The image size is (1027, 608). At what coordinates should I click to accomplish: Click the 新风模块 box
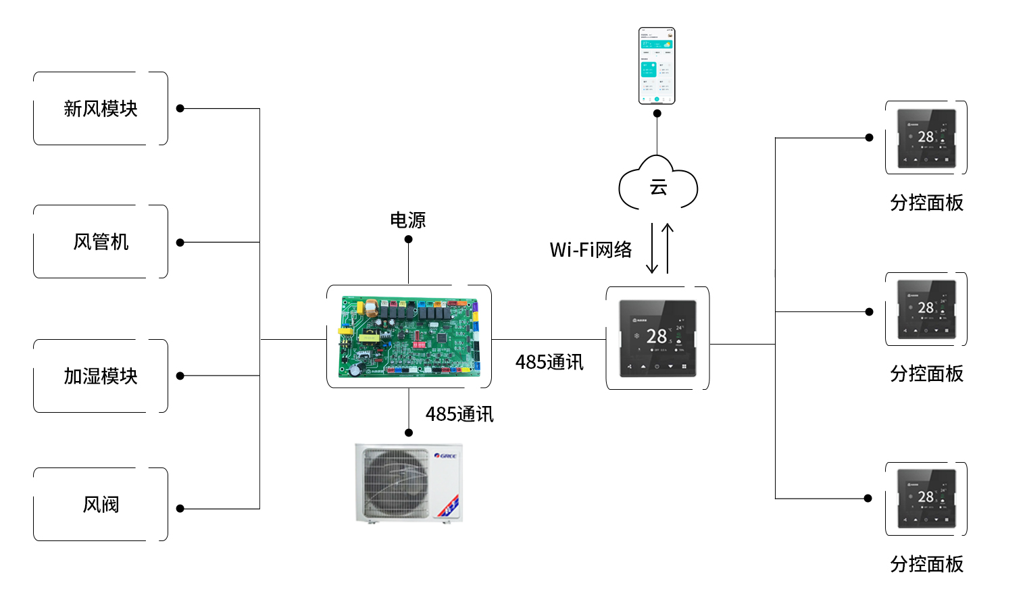click(x=101, y=109)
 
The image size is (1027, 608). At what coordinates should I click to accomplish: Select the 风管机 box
click(x=101, y=242)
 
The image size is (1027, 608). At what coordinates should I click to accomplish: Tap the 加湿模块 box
click(x=101, y=376)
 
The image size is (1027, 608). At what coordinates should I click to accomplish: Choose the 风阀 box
click(x=101, y=505)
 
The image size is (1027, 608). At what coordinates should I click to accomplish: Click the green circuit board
click(x=409, y=336)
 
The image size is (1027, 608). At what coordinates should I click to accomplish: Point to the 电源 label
click(x=408, y=220)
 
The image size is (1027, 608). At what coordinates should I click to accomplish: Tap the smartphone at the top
click(x=657, y=66)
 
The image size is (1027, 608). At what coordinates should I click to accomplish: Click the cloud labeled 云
click(x=658, y=186)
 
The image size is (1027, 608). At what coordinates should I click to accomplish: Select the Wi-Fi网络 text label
click(x=591, y=250)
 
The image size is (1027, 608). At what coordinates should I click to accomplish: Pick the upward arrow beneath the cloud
click(x=668, y=249)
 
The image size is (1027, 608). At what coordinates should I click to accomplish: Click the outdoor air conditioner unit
click(x=409, y=482)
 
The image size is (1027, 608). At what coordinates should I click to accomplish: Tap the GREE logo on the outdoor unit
click(x=445, y=456)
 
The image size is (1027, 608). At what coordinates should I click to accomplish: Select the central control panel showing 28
click(x=657, y=338)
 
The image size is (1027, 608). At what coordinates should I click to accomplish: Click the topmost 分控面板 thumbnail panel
click(x=926, y=138)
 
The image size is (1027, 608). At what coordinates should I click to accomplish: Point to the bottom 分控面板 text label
click(x=926, y=564)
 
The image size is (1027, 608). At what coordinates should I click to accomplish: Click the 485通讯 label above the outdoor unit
click(x=459, y=414)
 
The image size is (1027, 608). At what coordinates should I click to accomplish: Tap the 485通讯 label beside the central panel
click(x=549, y=363)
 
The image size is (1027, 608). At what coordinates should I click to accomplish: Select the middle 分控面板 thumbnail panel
click(x=926, y=309)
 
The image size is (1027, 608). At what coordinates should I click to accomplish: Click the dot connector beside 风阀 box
click(x=180, y=509)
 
